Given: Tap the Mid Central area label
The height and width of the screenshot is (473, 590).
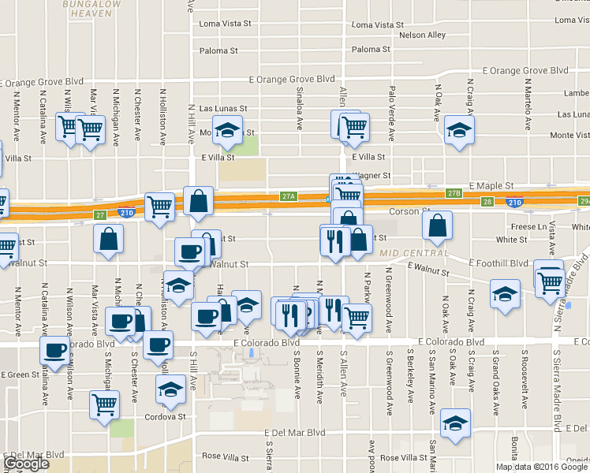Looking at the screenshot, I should point(413,253).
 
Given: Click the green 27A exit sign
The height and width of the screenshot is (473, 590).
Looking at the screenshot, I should point(288,196).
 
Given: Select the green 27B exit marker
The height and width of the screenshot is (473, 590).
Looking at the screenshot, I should point(453,193).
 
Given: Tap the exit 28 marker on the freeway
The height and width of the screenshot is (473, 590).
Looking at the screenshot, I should point(487,202).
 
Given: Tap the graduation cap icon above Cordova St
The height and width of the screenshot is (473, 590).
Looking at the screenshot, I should point(170,388).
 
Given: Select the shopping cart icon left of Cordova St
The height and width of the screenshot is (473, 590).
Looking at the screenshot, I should point(104,405).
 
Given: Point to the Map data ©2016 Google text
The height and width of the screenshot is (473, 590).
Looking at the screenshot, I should point(542,467).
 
